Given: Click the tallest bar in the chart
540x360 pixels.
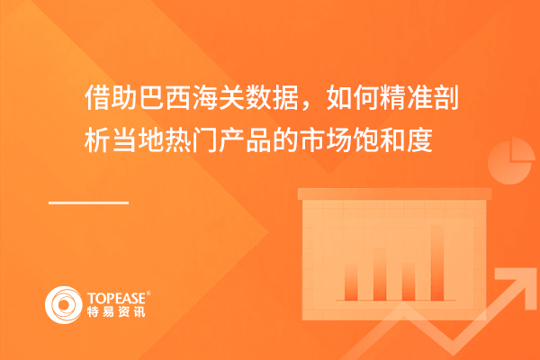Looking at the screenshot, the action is coord(437,263).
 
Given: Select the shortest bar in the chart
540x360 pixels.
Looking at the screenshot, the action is coord(409,282).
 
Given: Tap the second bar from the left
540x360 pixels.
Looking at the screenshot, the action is coord(380,274).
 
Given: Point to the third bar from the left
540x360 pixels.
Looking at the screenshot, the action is coord(409,282).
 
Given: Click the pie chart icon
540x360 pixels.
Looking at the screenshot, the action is coord(510,161).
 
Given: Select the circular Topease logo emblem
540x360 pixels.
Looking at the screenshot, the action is coord(63,305).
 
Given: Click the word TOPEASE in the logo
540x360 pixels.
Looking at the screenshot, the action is coord(116,298).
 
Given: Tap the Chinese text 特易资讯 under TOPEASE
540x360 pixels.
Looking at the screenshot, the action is coord(116,311).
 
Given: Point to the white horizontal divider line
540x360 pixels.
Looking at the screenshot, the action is coord(88,202).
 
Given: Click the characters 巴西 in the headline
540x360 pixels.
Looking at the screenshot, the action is coord(152,97).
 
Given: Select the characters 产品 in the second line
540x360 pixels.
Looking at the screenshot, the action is coord(233,140).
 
